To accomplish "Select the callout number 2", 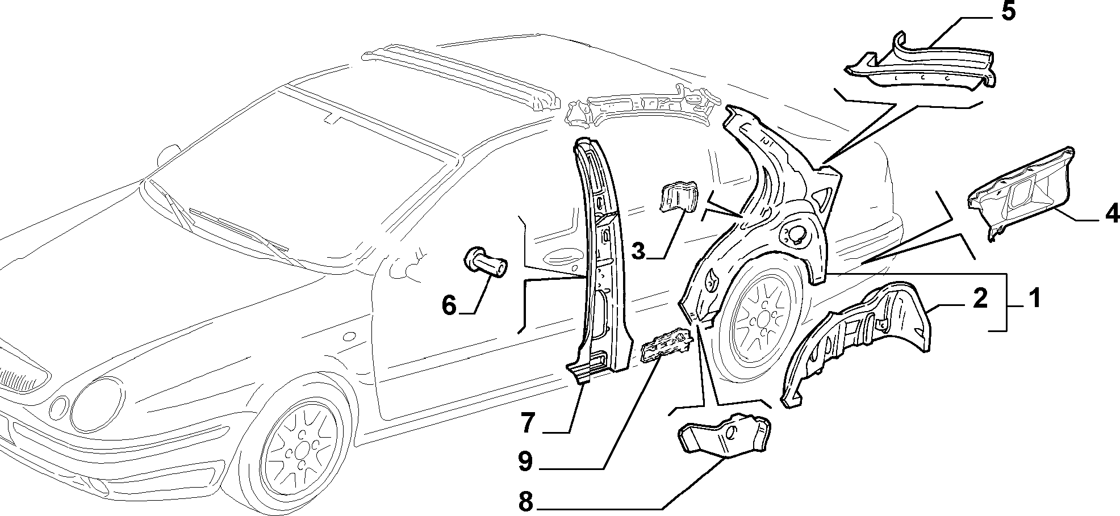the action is [980, 297].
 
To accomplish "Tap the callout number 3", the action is [639, 250].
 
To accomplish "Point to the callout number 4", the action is [1111, 214].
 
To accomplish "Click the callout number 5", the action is [1008, 12].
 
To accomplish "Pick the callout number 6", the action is [449, 306].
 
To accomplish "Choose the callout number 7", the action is [528, 423].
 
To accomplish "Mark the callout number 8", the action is [525, 501].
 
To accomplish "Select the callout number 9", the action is [525, 462].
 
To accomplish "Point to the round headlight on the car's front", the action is [98, 404].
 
